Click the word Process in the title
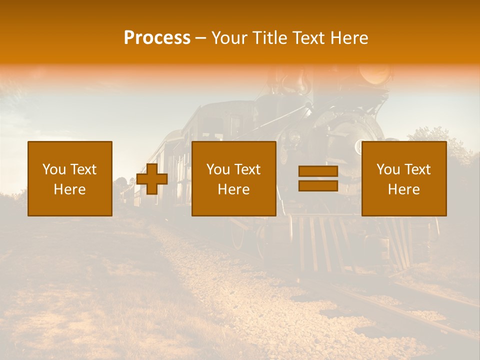click(157, 38)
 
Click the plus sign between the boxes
click(152, 179)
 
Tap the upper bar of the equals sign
click(318, 171)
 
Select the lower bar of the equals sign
click(318, 185)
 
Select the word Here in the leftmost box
click(70, 189)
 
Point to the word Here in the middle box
click(234, 189)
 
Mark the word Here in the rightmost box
click(404, 189)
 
